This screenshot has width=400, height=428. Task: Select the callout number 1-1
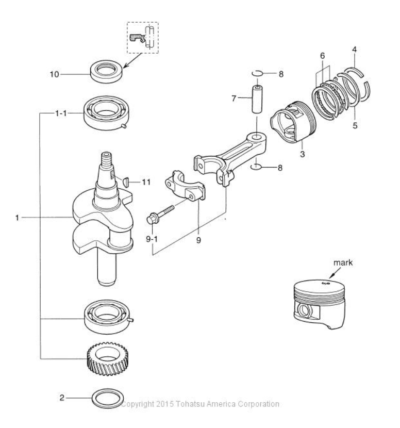(61, 113)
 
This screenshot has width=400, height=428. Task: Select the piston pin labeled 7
(257, 99)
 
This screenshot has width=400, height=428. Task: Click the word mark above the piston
(343, 262)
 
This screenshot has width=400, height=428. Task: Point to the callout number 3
(302, 154)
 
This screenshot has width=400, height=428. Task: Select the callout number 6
(322, 56)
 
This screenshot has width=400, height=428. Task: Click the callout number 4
(354, 50)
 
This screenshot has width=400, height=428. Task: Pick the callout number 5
(355, 125)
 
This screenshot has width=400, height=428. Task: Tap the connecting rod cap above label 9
(186, 186)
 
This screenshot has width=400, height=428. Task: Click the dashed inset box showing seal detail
(143, 38)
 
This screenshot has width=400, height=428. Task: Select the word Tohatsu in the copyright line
(190, 404)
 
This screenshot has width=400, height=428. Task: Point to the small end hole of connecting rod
(257, 137)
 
